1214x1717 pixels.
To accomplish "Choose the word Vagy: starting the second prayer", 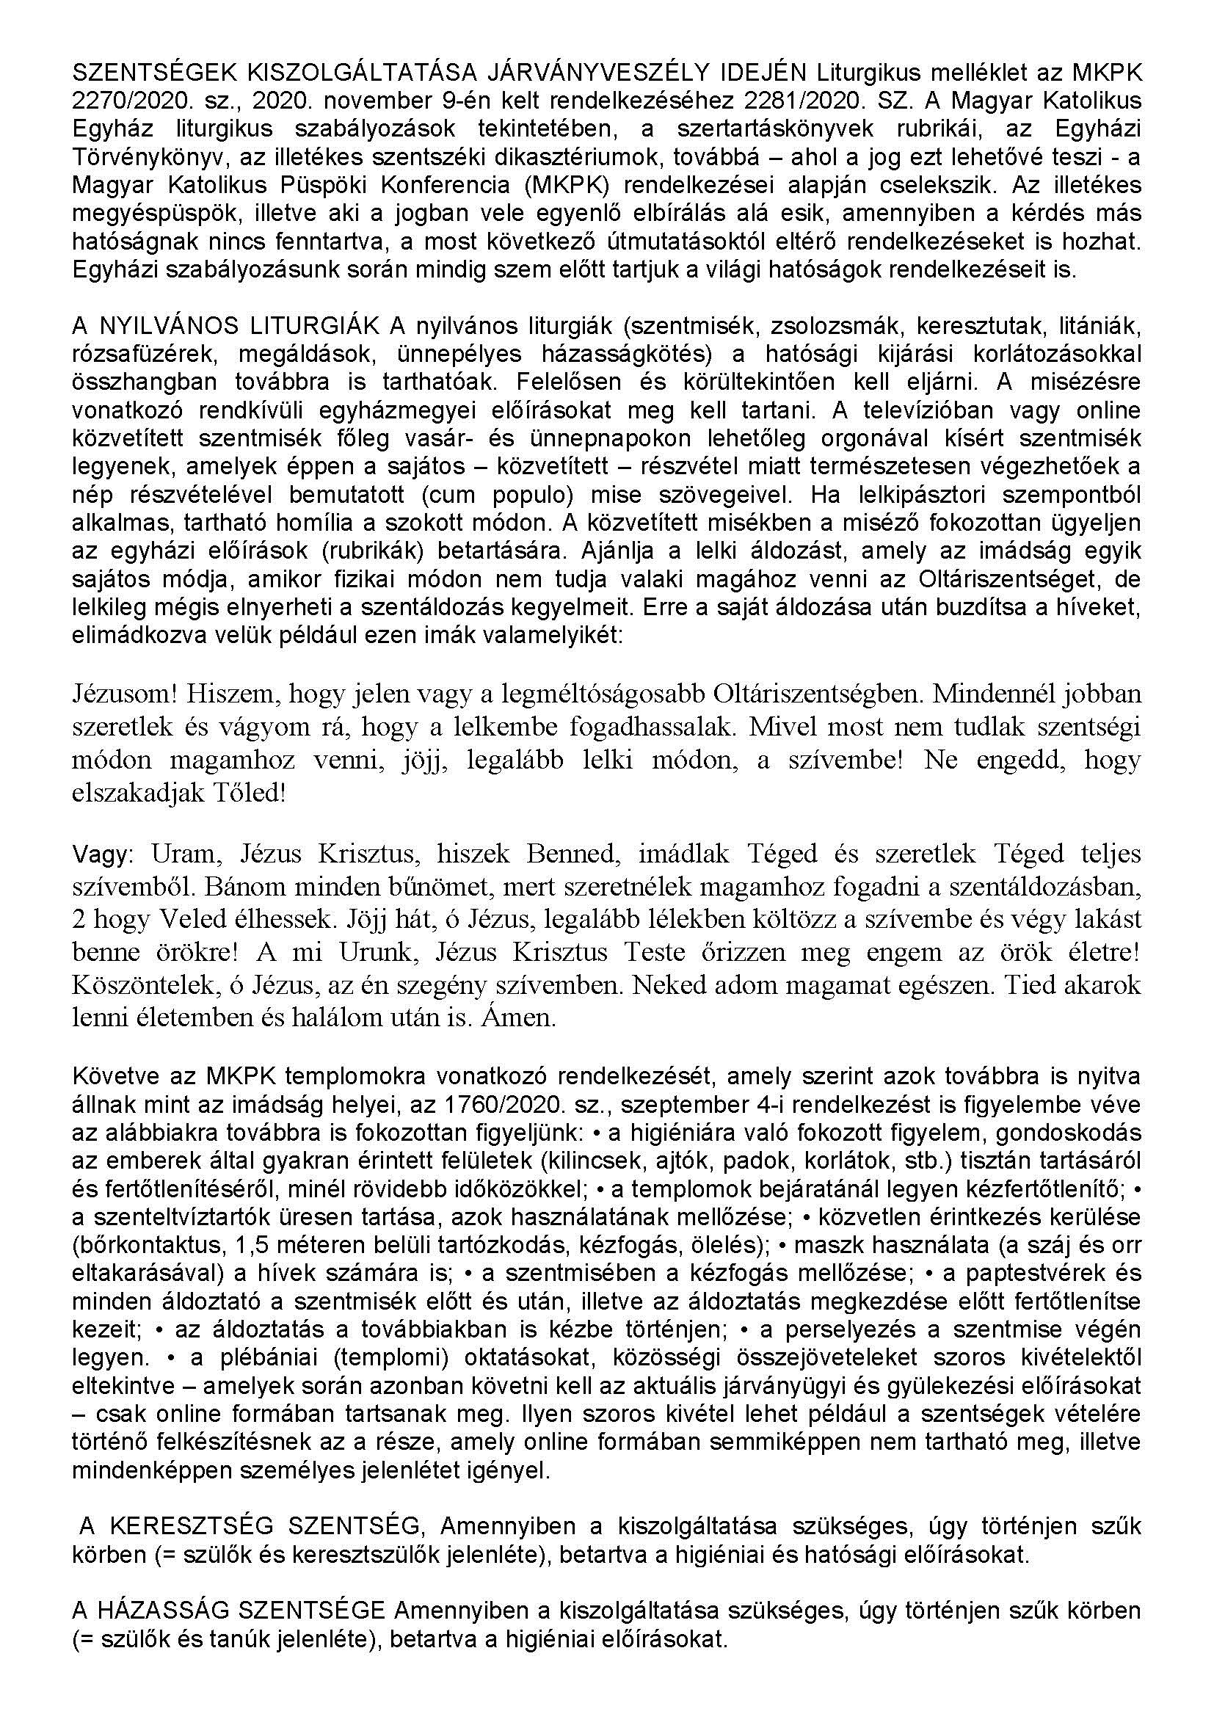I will tap(102, 854).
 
